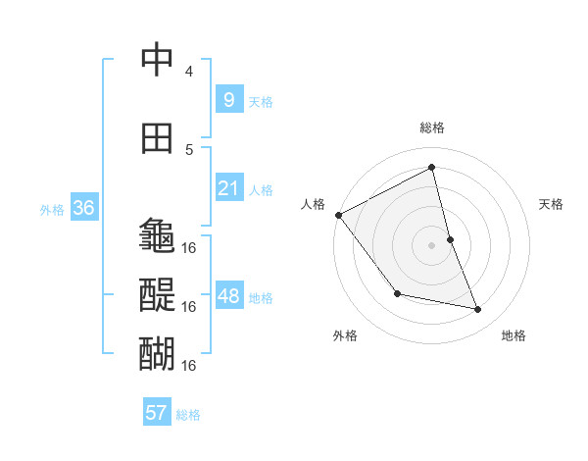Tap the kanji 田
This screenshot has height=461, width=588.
(157, 138)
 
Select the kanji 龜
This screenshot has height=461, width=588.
(157, 235)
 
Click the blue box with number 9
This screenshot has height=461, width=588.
(228, 100)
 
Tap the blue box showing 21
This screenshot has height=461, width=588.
(228, 188)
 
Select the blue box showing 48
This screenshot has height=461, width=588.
(228, 296)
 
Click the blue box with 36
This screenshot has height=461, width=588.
(83, 208)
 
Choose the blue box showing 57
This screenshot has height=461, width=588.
(157, 413)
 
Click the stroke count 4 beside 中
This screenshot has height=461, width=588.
(189, 72)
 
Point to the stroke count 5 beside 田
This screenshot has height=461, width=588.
(189, 149)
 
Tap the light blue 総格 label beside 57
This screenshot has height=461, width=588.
(188, 415)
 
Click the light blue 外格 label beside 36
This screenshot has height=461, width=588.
(52, 209)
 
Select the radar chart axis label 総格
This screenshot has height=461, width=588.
(431, 128)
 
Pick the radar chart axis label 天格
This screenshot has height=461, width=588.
(551, 204)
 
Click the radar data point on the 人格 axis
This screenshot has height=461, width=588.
(338, 215)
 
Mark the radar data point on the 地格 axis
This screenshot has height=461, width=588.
(478, 309)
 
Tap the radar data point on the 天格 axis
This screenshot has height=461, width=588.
(450, 239)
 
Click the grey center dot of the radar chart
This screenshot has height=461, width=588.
(431, 245)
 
